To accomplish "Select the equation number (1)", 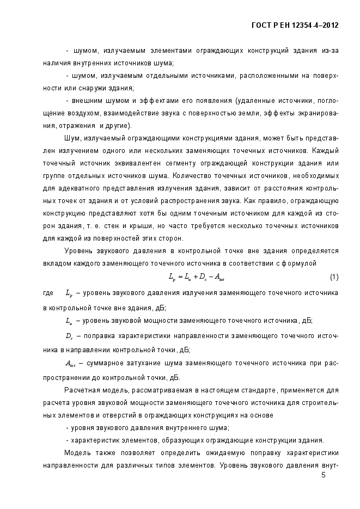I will click(334, 277).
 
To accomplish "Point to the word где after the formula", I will click(48, 293).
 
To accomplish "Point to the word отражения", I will click(58, 125).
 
